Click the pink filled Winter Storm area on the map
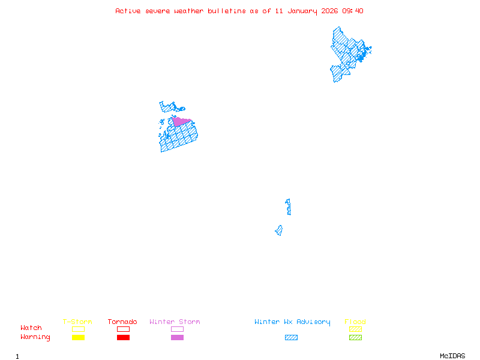click(x=180, y=121)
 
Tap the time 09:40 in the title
click(x=353, y=11)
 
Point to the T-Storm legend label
click(x=77, y=322)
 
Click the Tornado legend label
click(x=122, y=322)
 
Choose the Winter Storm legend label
click(x=175, y=322)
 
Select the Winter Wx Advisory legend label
click(x=292, y=322)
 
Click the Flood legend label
click(x=355, y=322)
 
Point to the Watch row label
click(x=31, y=328)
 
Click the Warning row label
click(x=35, y=337)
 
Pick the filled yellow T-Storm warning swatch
click(x=78, y=338)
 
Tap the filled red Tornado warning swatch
click(x=123, y=338)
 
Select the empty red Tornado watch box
click(x=123, y=329)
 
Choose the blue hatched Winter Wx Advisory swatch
click(x=291, y=338)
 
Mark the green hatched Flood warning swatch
click(x=355, y=338)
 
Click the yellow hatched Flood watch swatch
click(x=355, y=329)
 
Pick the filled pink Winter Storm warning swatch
click(x=177, y=338)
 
